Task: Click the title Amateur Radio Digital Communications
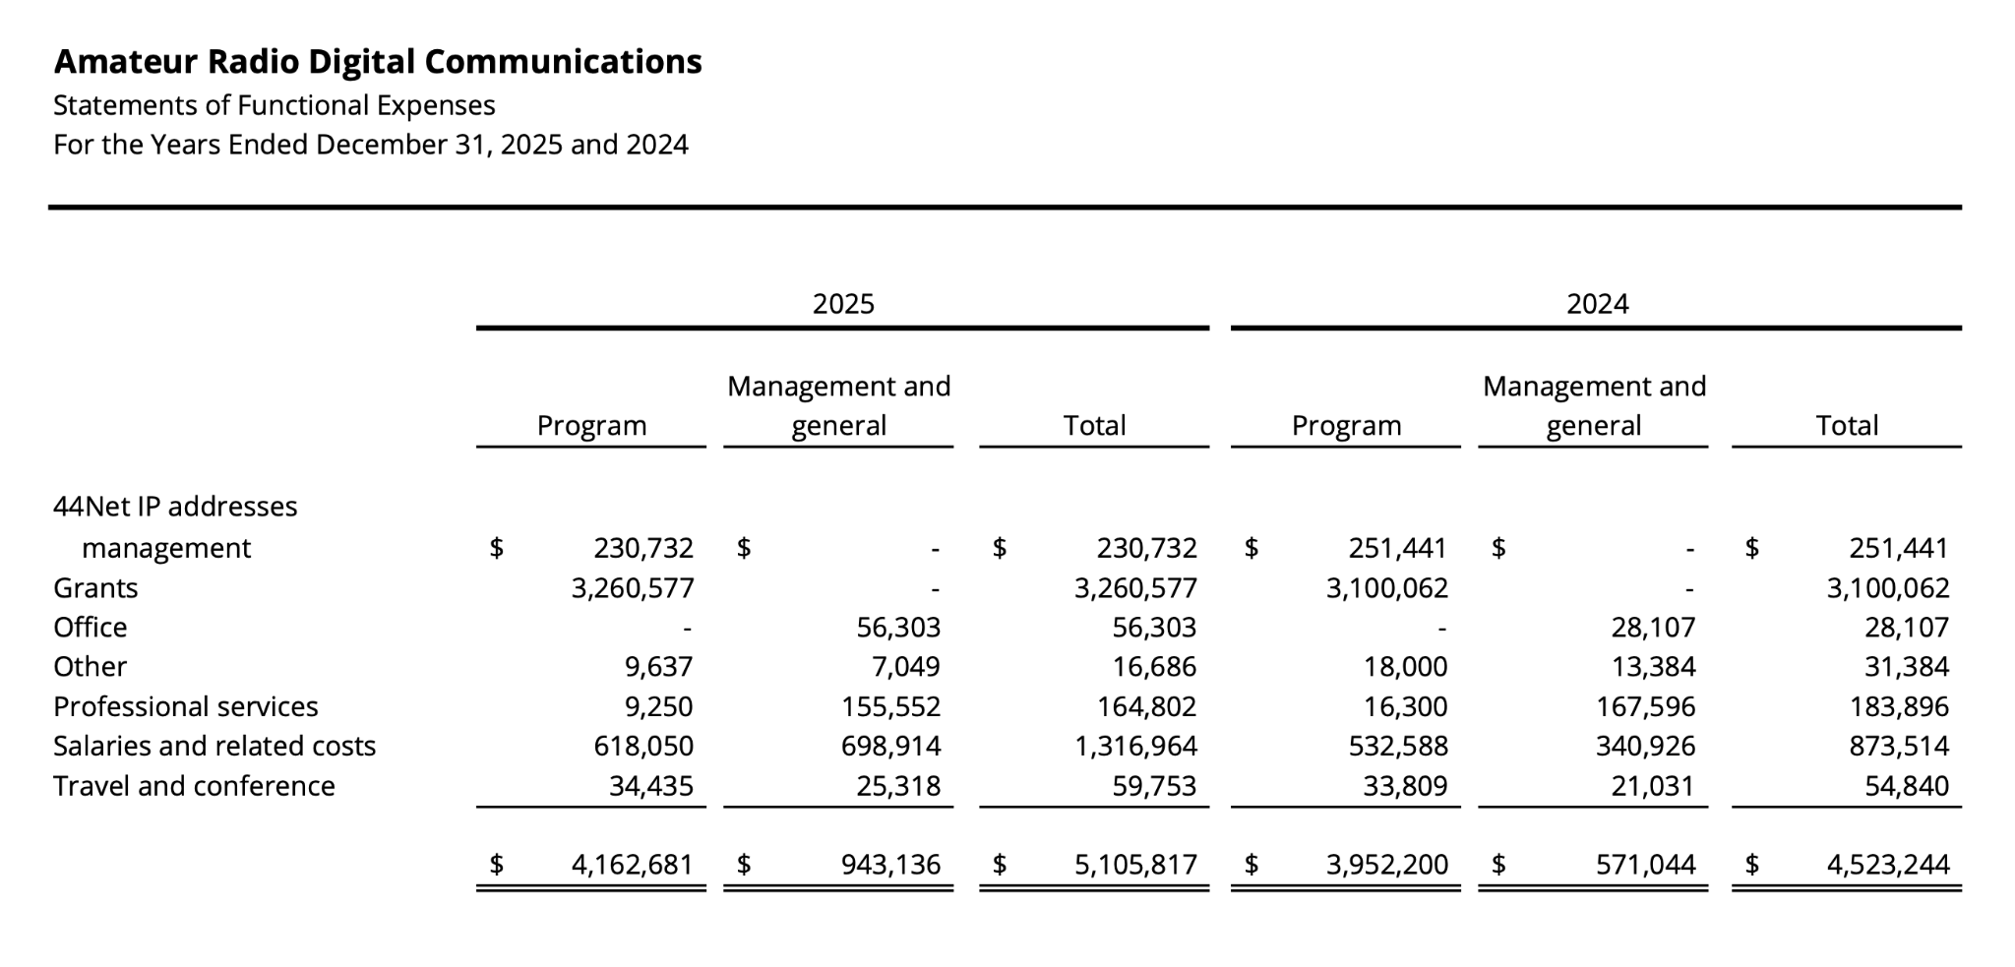point(378,61)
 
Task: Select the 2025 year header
point(843,303)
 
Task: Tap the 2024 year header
point(1597,303)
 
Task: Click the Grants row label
point(95,587)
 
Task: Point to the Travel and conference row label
point(194,786)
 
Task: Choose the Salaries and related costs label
point(214,746)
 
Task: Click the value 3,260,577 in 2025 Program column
point(633,588)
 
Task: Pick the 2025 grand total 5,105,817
point(1135,865)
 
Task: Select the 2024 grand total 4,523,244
point(1888,865)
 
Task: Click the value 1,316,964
point(1135,747)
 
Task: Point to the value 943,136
point(890,865)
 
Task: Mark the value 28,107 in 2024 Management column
point(1653,628)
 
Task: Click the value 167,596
point(1646,707)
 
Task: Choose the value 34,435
point(651,786)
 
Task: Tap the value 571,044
point(1646,865)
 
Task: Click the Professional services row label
point(186,706)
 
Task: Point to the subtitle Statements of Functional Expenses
point(275,105)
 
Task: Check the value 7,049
point(905,667)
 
